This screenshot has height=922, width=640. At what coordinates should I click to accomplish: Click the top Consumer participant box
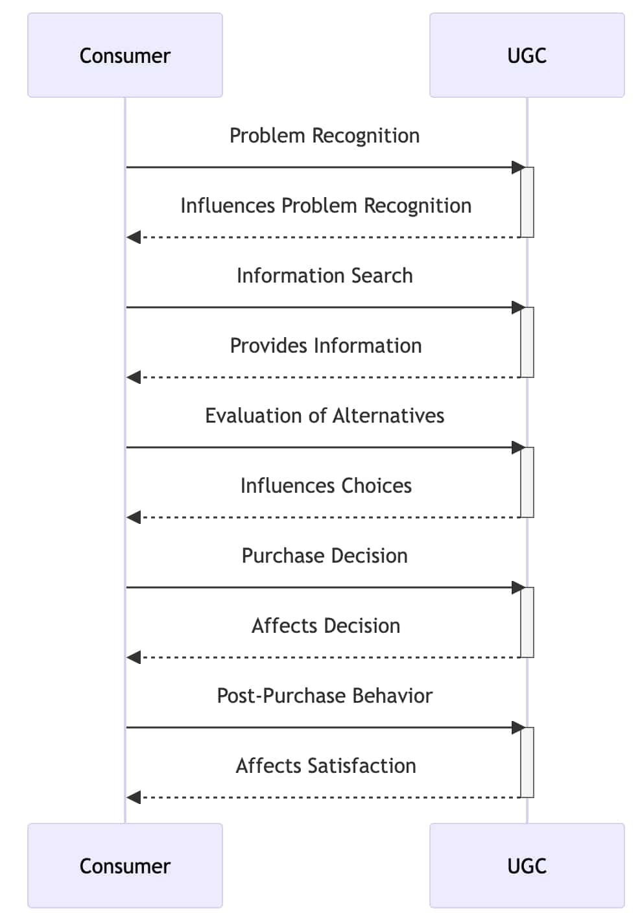(125, 55)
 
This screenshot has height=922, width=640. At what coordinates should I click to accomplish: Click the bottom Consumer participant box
(125, 866)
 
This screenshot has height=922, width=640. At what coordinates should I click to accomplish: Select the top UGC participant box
(527, 55)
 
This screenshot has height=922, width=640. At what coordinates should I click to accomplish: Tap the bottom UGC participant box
(527, 866)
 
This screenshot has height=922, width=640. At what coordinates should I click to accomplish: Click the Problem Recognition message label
(325, 136)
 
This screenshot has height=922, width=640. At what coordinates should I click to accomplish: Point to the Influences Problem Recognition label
(326, 206)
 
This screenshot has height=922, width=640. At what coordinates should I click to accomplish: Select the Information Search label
(325, 276)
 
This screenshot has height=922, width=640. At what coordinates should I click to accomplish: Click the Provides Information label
(326, 346)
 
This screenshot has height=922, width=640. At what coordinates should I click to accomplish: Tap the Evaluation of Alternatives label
(325, 416)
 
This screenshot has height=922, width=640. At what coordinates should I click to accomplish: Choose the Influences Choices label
(326, 486)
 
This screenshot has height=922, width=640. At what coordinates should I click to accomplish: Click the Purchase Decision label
(325, 556)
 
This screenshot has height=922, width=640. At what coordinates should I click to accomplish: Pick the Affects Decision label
(326, 626)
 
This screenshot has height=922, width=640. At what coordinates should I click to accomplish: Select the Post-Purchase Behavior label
(325, 696)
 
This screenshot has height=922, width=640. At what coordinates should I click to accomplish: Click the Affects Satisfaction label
(326, 766)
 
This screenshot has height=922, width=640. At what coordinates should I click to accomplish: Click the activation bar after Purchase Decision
(527, 622)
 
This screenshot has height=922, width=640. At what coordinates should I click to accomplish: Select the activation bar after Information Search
(527, 342)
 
